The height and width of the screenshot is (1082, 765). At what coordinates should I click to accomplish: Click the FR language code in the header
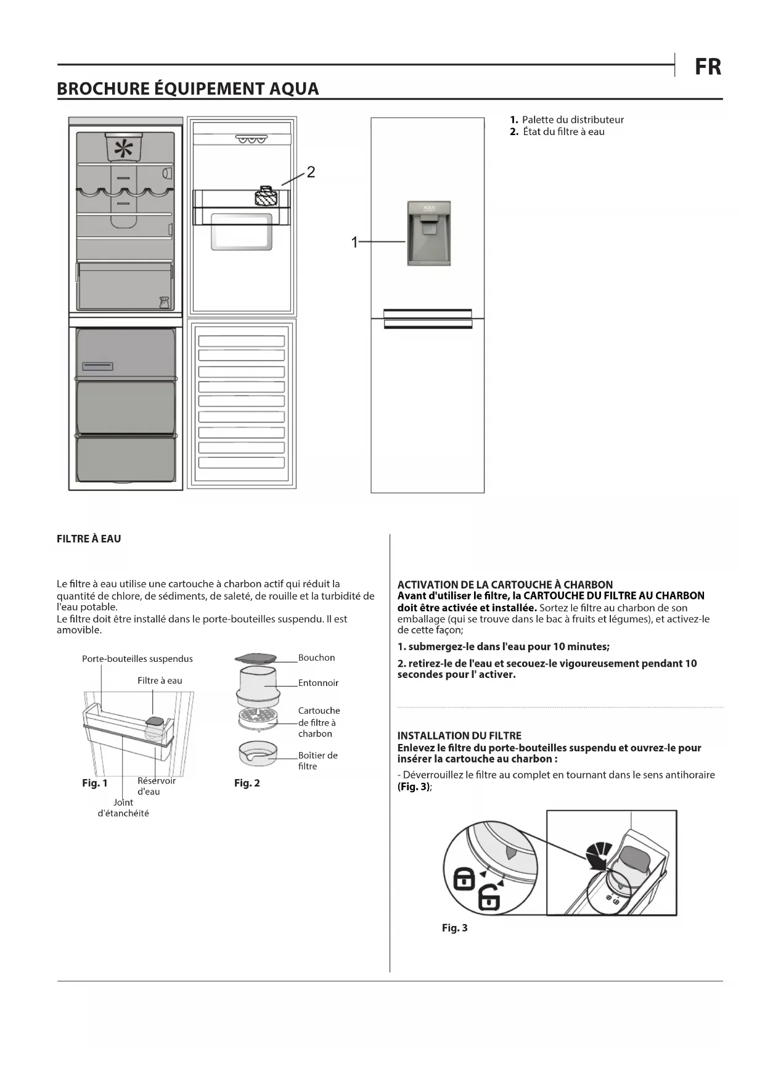click(708, 67)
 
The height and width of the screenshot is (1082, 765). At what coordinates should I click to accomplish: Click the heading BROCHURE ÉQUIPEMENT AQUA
click(187, 89)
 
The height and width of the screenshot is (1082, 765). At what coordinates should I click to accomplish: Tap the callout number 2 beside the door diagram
click(311, 172)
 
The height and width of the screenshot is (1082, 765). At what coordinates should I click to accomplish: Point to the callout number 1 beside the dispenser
click(354, 242)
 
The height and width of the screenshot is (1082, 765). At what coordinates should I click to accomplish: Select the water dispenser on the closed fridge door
click(429, 233)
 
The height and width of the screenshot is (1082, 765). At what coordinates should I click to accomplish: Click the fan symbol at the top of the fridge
click(124, 148)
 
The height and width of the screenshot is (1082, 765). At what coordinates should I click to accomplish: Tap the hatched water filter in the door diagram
click(266, 197)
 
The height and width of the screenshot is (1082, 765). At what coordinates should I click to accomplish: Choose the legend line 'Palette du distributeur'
click(567, 120)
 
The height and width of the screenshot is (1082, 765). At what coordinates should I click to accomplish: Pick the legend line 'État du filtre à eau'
click(558, 131)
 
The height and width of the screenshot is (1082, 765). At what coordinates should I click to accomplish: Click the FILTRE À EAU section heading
click(89, 539)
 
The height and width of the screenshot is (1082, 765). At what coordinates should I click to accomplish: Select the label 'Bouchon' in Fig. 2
click(316, 658)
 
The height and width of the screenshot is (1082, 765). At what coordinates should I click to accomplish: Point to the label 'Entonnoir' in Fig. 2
click(318, 683)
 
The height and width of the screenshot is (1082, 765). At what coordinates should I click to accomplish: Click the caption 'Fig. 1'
click(95, 783)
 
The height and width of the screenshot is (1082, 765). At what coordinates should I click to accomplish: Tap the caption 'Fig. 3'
click(455, 928)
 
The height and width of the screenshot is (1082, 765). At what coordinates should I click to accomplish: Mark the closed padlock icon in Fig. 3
click(464, 878)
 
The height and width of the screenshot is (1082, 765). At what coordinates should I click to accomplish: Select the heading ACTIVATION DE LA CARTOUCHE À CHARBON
click(505, 584)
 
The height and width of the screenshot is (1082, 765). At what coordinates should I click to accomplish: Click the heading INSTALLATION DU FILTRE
click(459, 735)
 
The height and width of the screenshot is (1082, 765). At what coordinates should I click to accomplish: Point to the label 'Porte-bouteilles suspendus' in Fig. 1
click(137, 659)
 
